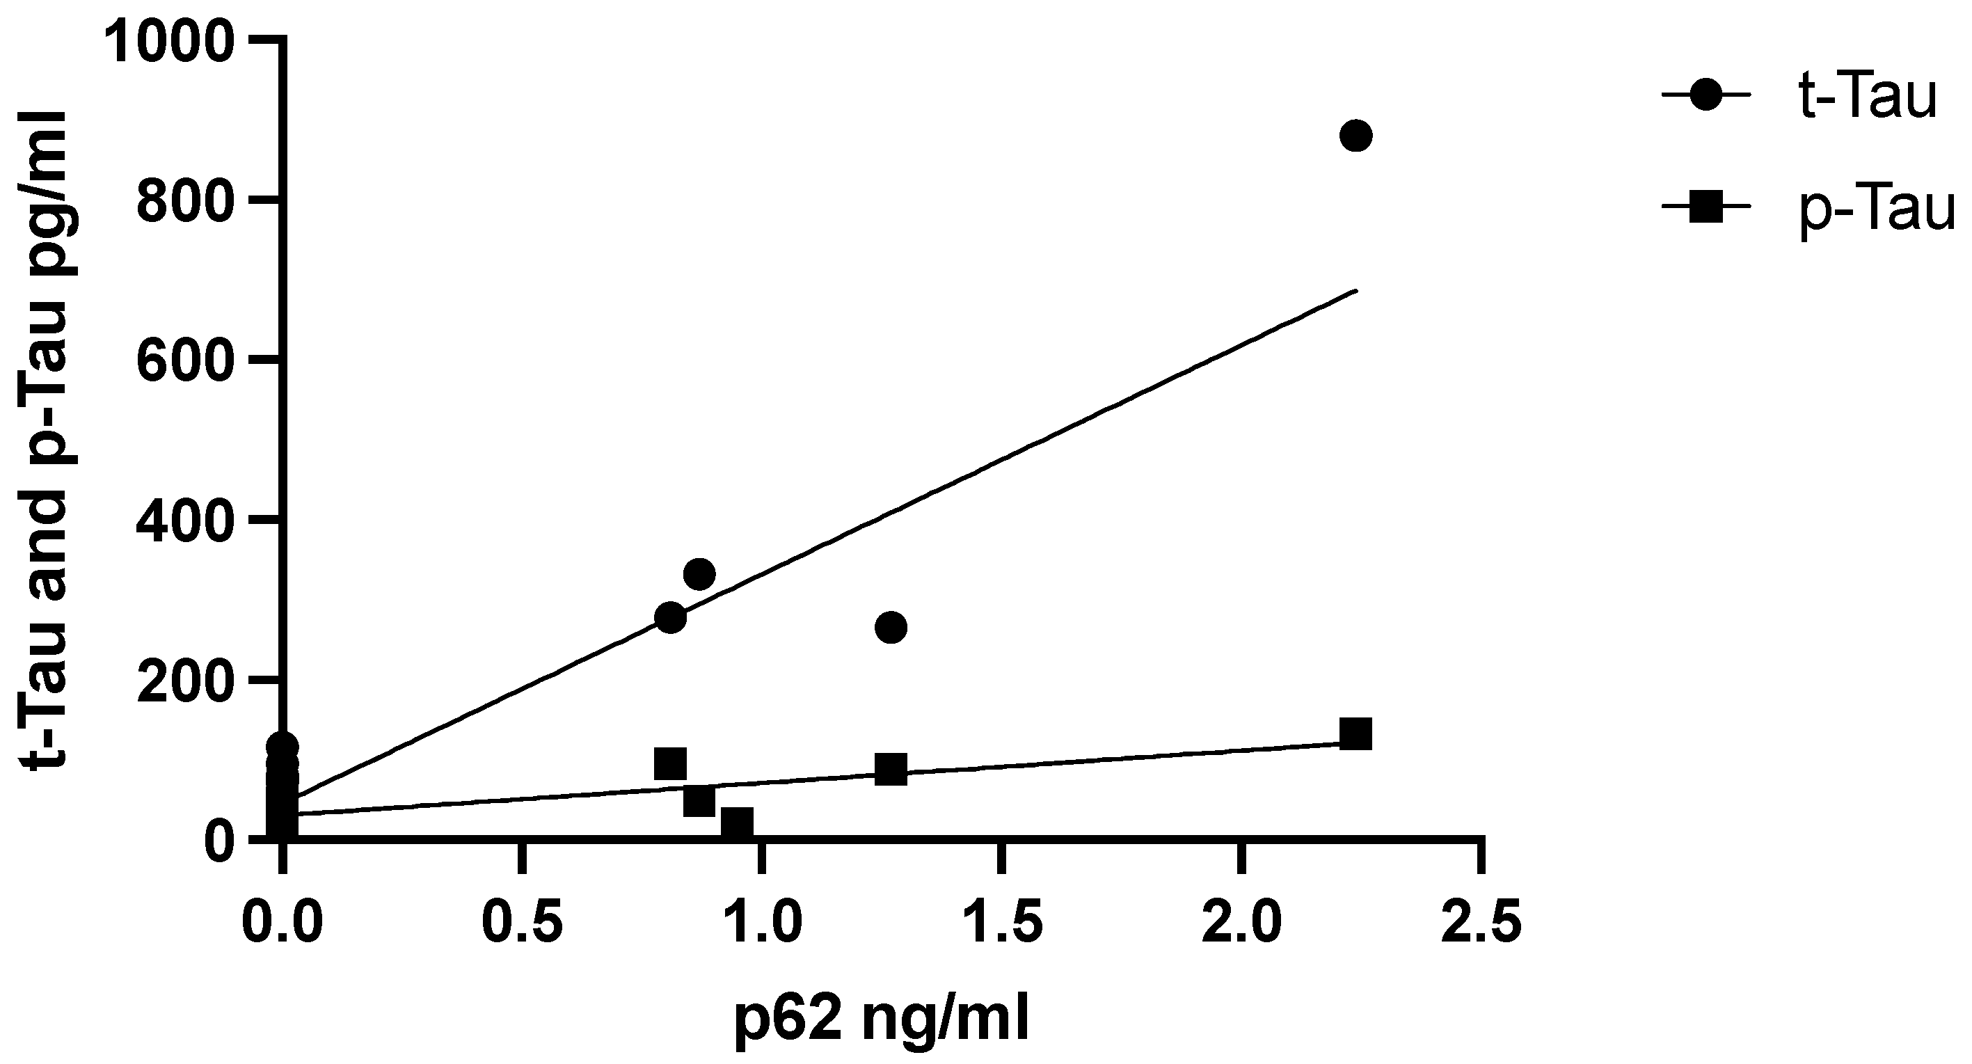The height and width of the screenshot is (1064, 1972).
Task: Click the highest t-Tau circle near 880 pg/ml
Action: tap(1355, 136)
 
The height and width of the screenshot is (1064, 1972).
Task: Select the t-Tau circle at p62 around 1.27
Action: tap(890, 628)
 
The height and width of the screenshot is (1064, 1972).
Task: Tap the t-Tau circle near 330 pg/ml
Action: tap(699, 574)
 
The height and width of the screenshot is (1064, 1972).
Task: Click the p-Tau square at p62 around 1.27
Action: tap(890, 770)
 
